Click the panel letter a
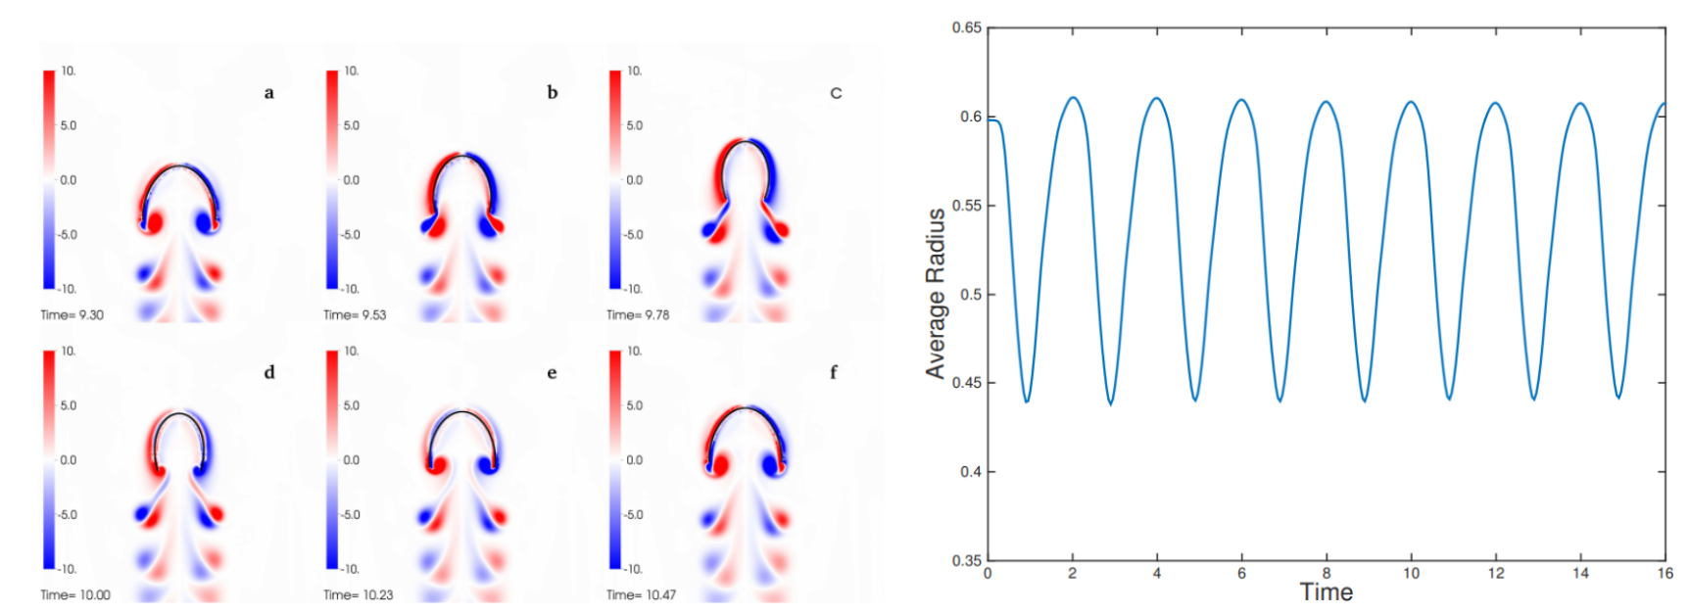[268, 93]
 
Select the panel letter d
[269, 372]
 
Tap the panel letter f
[834, 372]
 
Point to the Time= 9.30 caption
[72, 315]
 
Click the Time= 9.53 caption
[355, 315]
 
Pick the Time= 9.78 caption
[638, 315]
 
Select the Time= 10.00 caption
[75, 594]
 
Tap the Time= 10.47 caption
[641, 594]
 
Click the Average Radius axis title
[936, 294]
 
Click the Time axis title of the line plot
[1326, 592]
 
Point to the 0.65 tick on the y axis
[967, 27]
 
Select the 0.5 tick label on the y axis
[970, 294]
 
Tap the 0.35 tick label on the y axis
[967, 560]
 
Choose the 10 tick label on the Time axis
[1411, 574]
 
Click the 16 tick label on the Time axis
[1665, 574]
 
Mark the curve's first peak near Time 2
[1074, 98]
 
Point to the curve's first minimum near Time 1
[1027, 401]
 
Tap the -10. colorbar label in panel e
[350, 569]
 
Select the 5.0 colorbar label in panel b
[351, 125]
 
